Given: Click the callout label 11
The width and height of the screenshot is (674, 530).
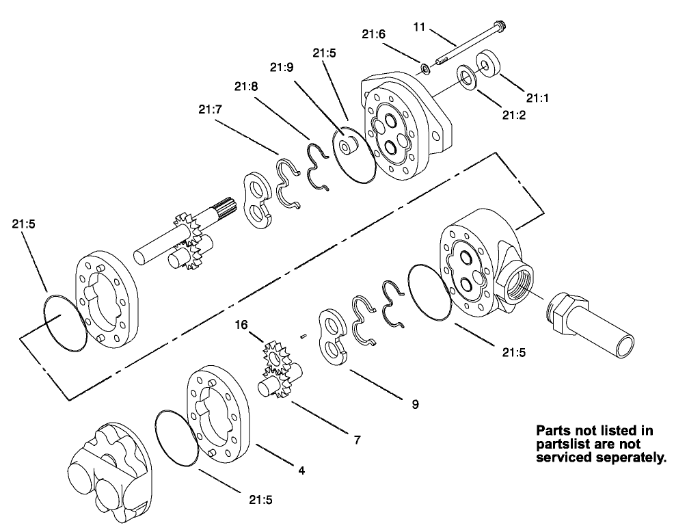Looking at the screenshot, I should click(x=419, y=27).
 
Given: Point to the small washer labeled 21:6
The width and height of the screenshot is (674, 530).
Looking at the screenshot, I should click(x=425, y=67).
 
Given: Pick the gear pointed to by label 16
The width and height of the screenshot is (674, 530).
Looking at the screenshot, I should click(x=277, y=356).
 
